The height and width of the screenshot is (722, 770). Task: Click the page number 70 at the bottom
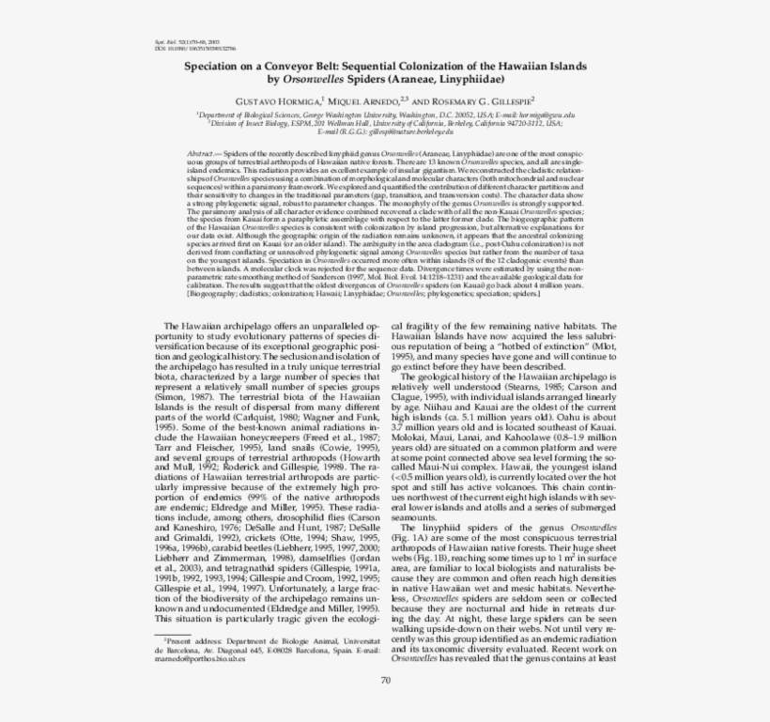coord(385,682)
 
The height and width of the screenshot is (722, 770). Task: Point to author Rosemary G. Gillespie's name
coord(485,100)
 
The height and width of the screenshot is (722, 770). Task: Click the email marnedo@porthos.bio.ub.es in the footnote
coord(198,659)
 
